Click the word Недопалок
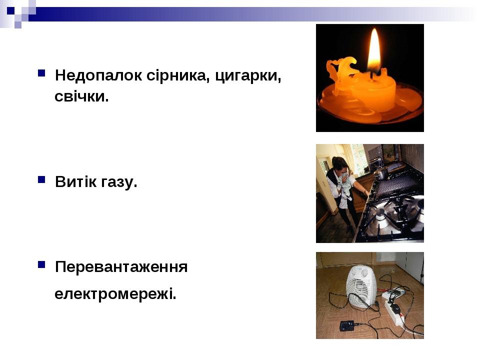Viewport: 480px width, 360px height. click(x=98, y=75)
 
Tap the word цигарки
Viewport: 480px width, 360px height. click(x=248, y=76)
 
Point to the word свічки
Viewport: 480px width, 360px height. click(x=81, y=96)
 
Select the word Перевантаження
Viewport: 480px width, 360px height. click(x=121, y=267)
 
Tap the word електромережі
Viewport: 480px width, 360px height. click(x=115, y=294)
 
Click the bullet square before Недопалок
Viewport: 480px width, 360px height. click(x=41, y=73)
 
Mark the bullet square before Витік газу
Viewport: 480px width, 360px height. click(x=41, y=179)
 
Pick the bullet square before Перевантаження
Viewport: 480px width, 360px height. click(x=41, y=264)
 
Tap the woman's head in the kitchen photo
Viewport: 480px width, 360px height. click(x=340, y=166)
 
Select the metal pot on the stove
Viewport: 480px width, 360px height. click(x=381, y=173)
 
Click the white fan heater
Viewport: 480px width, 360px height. click(x=361, y=286)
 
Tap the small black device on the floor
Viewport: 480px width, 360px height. click(x=346, y=325)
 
